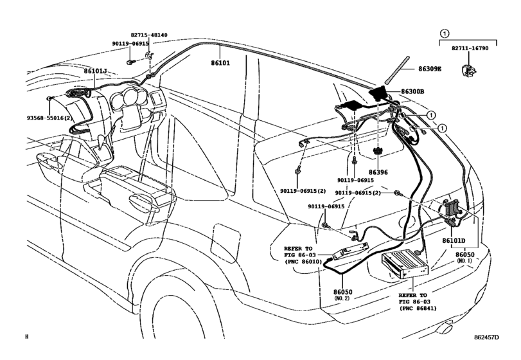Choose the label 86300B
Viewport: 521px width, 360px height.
coord(412,92)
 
